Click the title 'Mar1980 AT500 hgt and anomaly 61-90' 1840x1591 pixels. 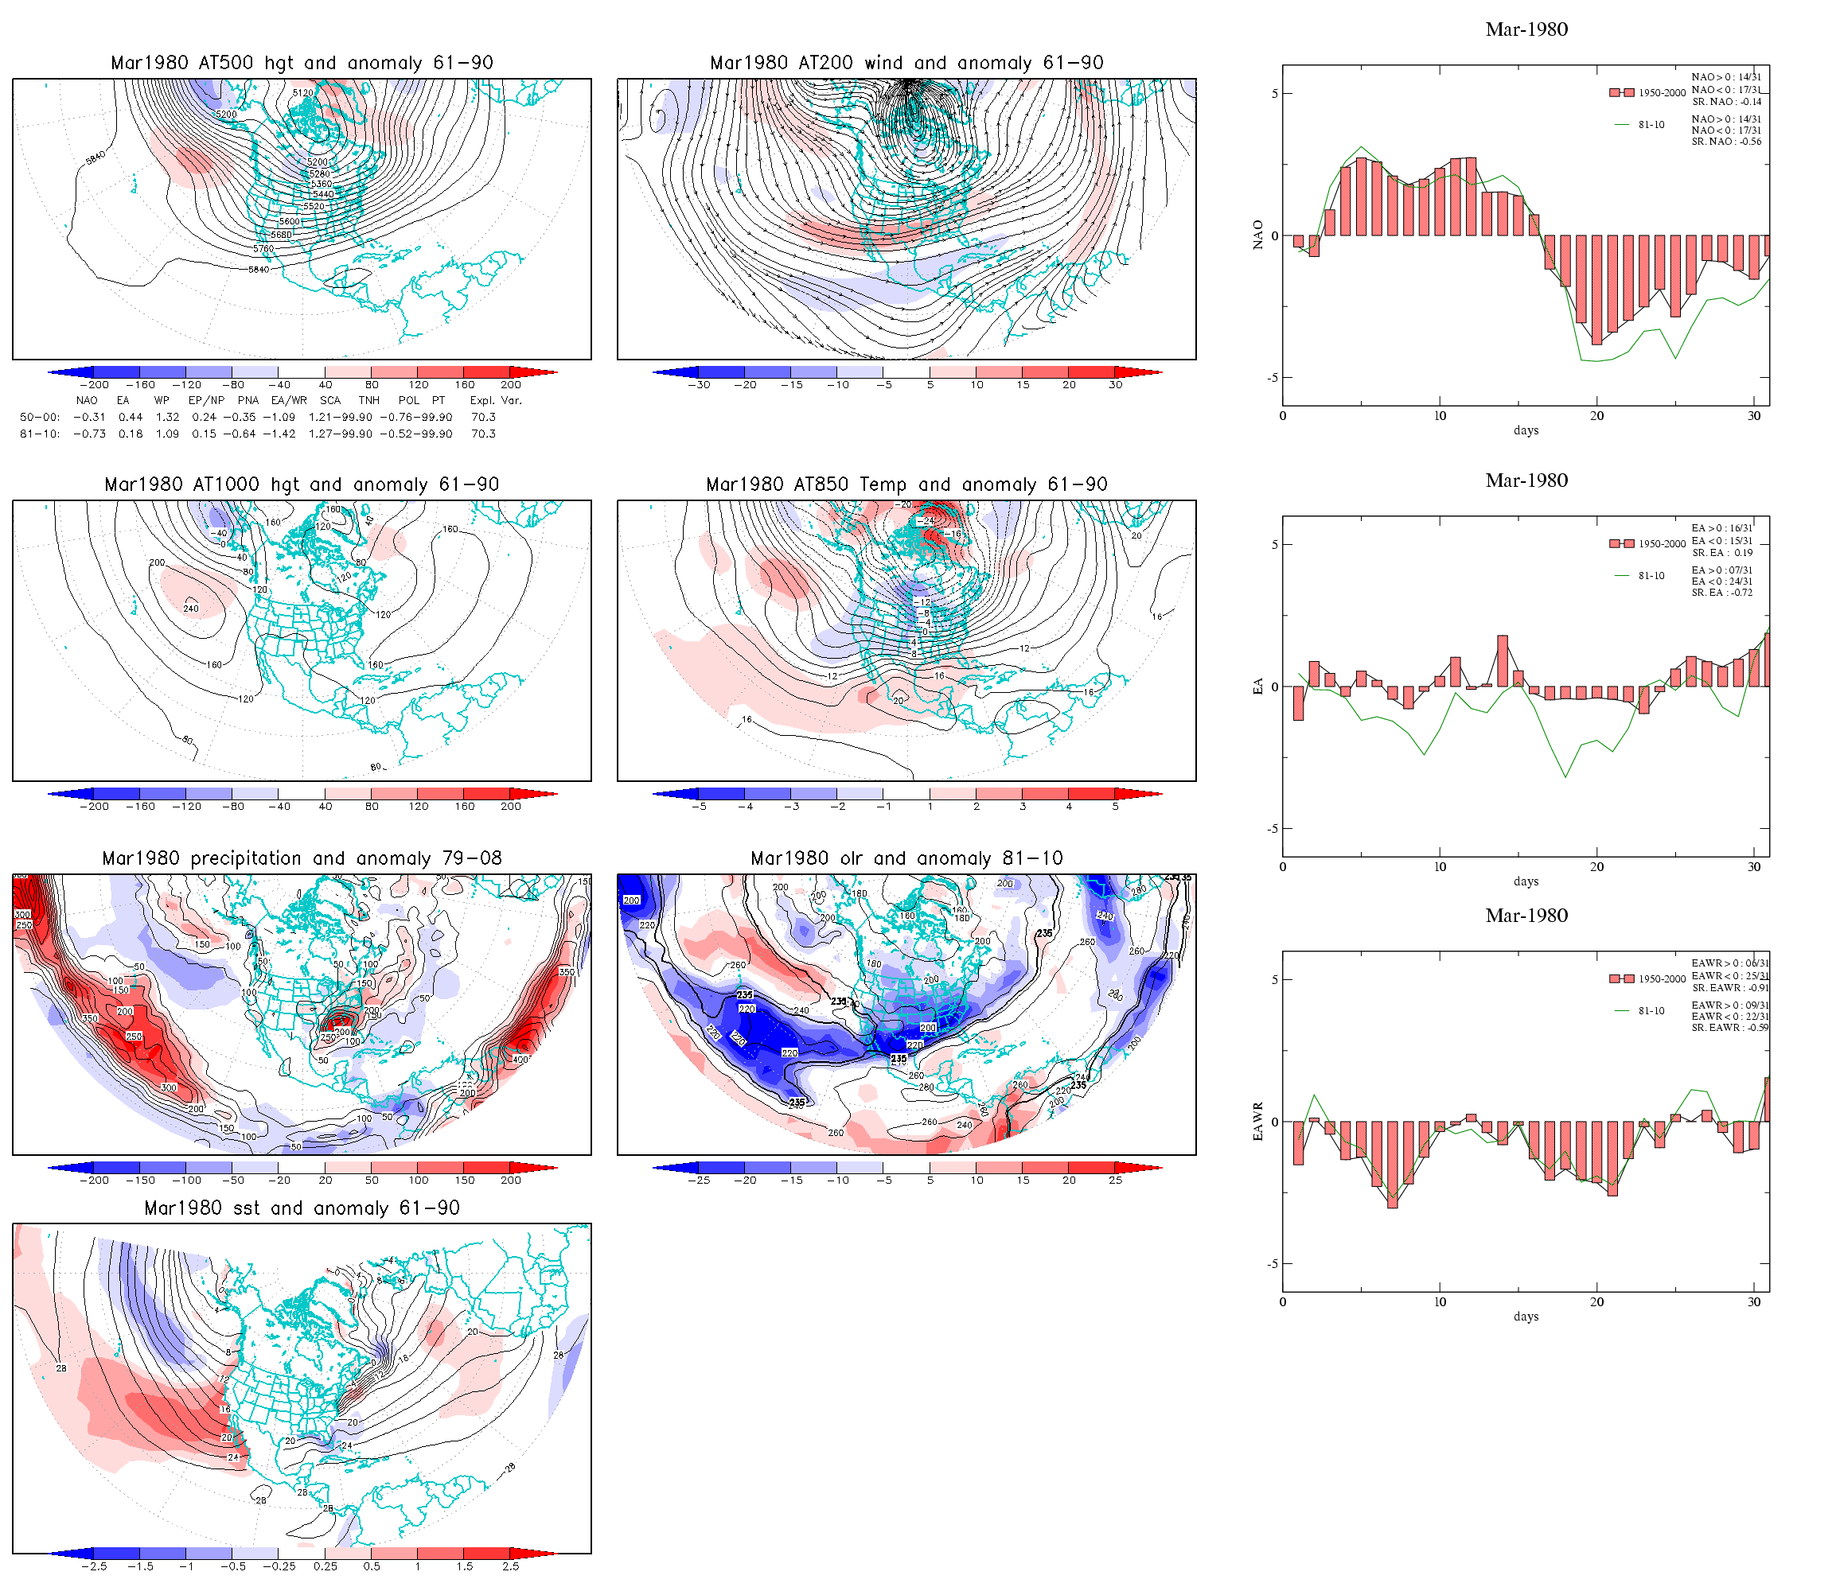[x=302, y=63]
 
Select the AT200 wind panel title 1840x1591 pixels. [x=906, y=63]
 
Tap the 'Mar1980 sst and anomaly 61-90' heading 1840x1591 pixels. [x=302, y=1208]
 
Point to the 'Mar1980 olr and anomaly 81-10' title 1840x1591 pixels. [x=906, y=858]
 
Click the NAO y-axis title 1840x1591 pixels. [x=1257, y=235]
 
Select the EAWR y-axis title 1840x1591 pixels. [x=1257, y=1122]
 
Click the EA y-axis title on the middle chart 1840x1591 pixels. [x=1257, y=687]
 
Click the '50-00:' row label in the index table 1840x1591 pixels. [x=40, y=418]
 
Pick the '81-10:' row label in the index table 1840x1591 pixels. [x=40, y=434]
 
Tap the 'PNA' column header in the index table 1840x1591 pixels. [x=248, y=400]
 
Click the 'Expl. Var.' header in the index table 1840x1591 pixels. [x=496, y=400]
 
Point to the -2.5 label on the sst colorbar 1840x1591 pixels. [x=93, y=1567]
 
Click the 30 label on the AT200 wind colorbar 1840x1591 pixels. [x=1115, y=385]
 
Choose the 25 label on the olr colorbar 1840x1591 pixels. [x=1115, y=1181]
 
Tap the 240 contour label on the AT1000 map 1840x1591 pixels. [x=191, y=609]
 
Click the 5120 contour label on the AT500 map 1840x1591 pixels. [x=302, y=92]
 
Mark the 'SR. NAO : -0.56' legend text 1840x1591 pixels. [x=1726, y=142]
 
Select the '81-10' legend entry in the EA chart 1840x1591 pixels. [x=1651, y=576]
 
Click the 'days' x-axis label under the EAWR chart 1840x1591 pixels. [x=1526, y=1317]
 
